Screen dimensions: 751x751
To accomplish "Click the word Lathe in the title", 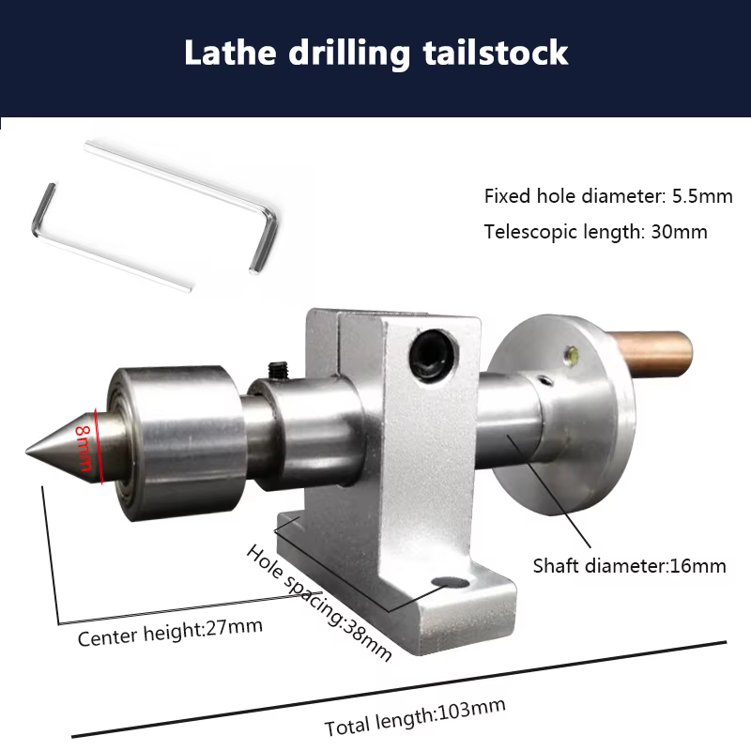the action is coord(230,53).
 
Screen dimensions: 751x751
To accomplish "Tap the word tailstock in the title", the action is coord(496,53).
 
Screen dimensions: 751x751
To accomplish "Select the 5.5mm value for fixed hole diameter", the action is coord(702,196).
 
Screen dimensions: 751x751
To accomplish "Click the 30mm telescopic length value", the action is coord(679,232).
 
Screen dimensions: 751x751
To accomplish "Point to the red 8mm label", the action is coord(84,449).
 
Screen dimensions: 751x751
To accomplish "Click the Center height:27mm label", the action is coord(170,632).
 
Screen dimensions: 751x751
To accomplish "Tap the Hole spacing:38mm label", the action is coord(318,603).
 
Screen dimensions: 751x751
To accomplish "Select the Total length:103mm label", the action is coord(415,717).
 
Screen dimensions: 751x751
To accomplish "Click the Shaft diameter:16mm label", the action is coord(629,566).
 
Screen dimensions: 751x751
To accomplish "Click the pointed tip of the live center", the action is coord(27,451).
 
